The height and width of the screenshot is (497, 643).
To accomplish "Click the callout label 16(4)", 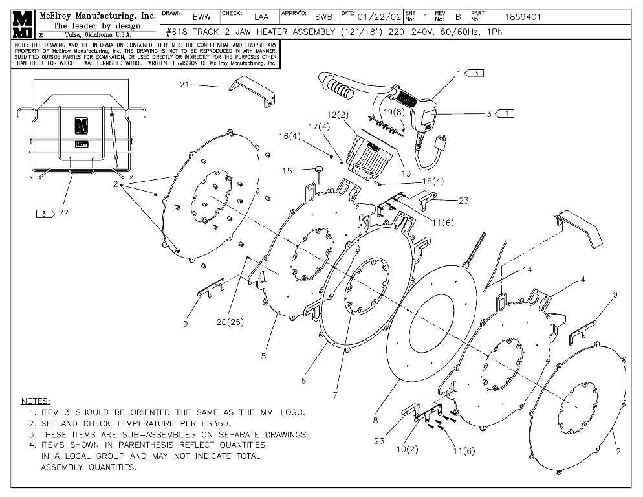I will pyautogui.click(x=289, y=137).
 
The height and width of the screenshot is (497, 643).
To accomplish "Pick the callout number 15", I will pyautogui.click(x=287, y=171).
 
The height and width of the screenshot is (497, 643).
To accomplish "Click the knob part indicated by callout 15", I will pyautogui.click(x=319, y=170).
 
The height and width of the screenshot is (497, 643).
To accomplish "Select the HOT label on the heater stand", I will pyautogui.click(x=82, y=144).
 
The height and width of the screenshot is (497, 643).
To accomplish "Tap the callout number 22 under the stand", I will pyautogui.click(x=63, y=213).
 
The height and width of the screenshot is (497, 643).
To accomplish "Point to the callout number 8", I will pyautogui.click(x=375, y=420).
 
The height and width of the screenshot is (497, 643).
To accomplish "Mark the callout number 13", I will pyautogui.click(x=406, y=173).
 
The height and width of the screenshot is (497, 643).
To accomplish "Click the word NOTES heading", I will pyautogui.click(x=36, y=401).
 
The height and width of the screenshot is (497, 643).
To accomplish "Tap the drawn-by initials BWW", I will pyautogui.click(x=201, y=17).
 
